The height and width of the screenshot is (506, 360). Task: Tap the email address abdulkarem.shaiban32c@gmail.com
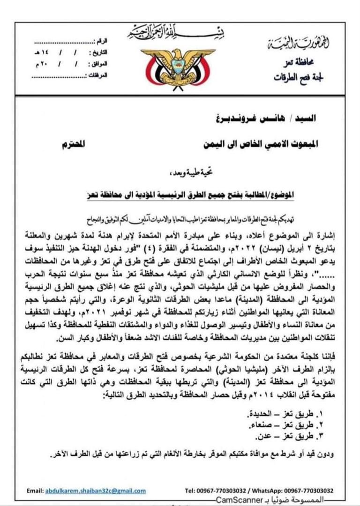click(x=96, y=491)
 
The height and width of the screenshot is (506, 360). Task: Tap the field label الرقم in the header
click(x=100, y=41)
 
